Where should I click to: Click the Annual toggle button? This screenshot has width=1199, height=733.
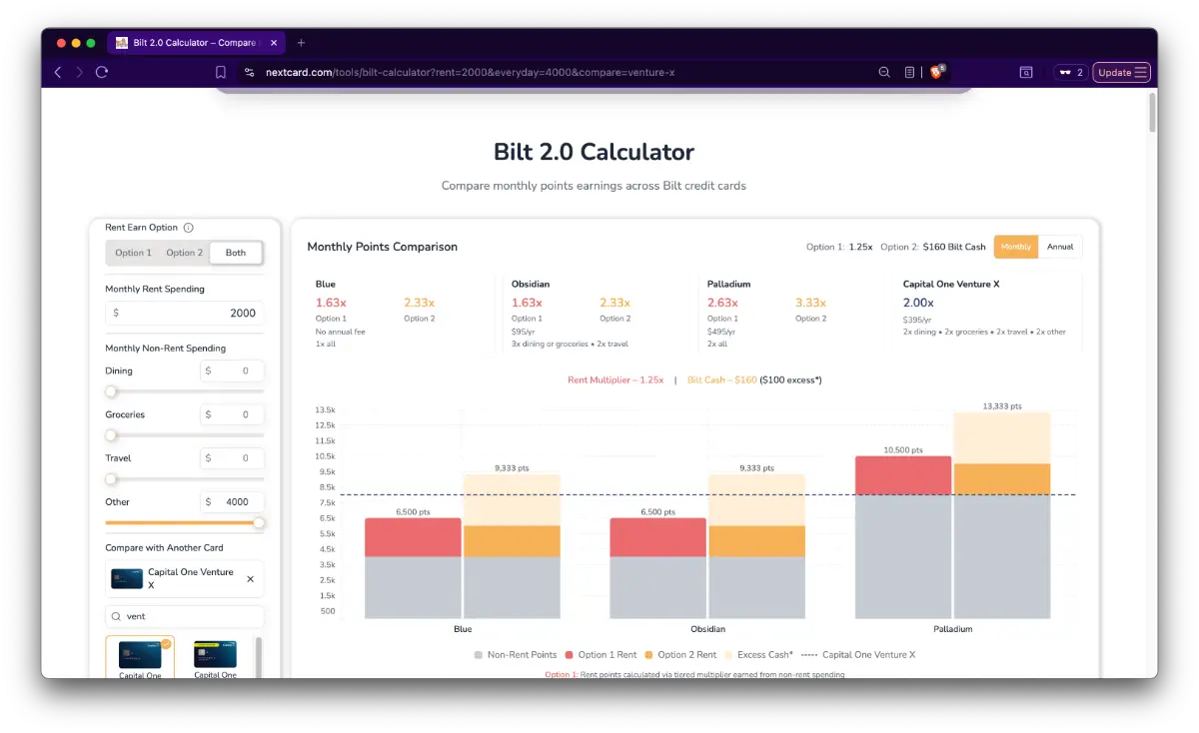tap(1060, 247)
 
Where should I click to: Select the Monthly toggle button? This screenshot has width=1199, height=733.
tap(1016, 247)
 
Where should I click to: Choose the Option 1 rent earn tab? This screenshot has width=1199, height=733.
tap(133, 253)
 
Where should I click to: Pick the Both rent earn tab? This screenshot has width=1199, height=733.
tap(236, 253)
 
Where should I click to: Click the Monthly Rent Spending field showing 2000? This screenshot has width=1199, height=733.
tap(185, 313)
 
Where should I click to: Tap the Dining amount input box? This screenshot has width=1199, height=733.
tap(232, 370)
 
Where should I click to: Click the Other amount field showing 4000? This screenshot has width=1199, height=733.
tap(232, 502)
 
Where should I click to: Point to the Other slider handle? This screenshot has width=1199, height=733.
tap(259, 522)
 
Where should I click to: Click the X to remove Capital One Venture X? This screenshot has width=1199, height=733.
tap(250, 579)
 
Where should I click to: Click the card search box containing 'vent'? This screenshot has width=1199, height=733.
tap(185, 617)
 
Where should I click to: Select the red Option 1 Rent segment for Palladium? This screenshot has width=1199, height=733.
tap(903, 475)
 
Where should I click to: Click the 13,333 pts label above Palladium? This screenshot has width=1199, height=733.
tap(1002, 406)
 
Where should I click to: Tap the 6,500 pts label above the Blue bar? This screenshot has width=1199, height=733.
tap(412, 512)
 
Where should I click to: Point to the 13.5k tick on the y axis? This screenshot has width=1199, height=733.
tap(325, 410)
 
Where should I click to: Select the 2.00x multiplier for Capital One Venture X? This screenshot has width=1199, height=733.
tap(918, 303)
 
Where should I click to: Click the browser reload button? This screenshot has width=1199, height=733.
tap(101, 72)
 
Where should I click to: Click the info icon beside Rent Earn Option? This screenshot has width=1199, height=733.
tap(188, 228)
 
